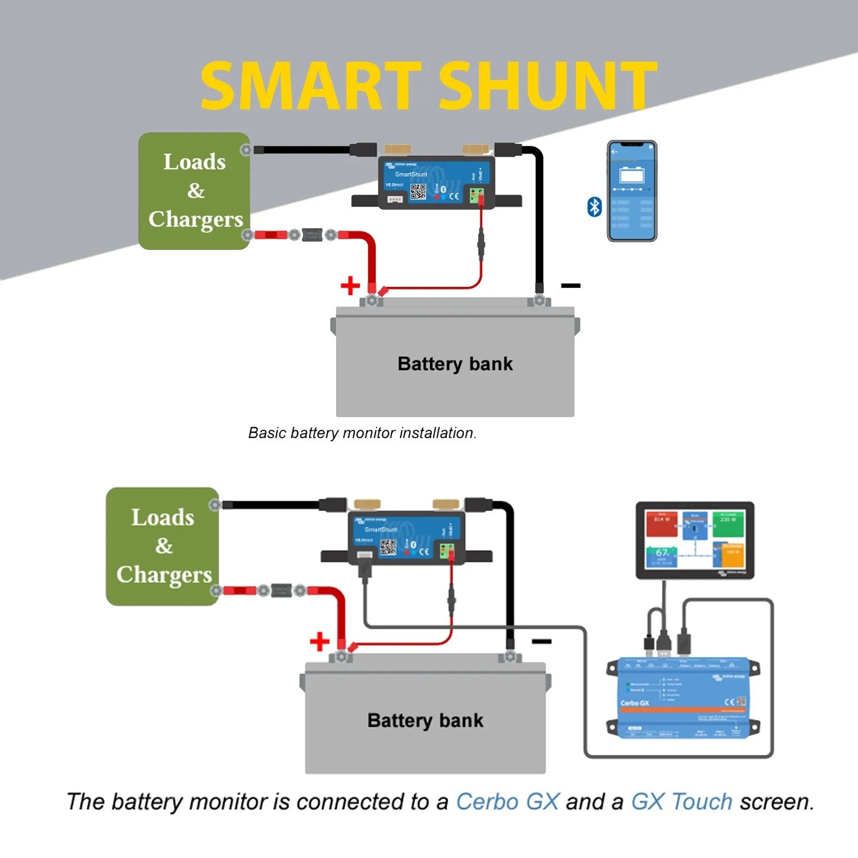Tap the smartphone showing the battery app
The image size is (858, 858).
click(632, 191)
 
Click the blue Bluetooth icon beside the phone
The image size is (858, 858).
click(594, 207)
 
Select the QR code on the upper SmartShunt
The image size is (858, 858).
click(418, 191)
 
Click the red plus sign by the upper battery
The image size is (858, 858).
click(350, 285)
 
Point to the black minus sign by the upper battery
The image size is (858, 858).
click(571, 285)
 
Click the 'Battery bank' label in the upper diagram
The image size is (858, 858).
click(455, 364)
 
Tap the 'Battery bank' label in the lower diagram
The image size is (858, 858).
click(425, 720)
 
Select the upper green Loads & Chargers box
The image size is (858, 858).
click(194, 191)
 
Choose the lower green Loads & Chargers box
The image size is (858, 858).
click(162, 546)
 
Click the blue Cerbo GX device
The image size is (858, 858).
click(683, 698)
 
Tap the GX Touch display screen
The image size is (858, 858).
click(694, 539)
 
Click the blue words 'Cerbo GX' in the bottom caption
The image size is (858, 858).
click(507, 802)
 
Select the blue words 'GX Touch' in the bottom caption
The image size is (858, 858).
click(682, 802)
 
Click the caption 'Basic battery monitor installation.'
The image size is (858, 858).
click(363, 433)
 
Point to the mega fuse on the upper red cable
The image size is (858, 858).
click(312, 235)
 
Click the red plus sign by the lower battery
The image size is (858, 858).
click(320, 641)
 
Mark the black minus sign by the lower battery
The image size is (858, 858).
click(542, 641)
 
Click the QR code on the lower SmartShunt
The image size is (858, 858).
click(388, 547)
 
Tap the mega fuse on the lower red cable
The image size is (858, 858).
click(282, 590)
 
